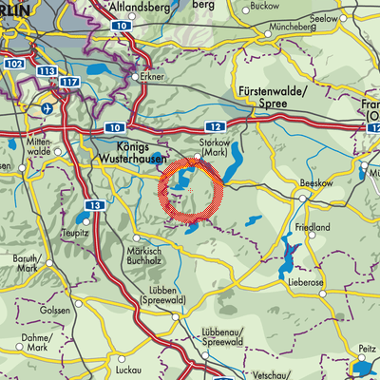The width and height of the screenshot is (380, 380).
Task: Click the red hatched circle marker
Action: [x=191, y=191]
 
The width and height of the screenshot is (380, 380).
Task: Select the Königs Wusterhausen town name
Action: [x=120, y=151]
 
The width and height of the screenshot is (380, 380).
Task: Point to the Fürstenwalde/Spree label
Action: [x=267, y=100]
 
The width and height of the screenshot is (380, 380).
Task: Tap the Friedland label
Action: [x=310, y=228]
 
